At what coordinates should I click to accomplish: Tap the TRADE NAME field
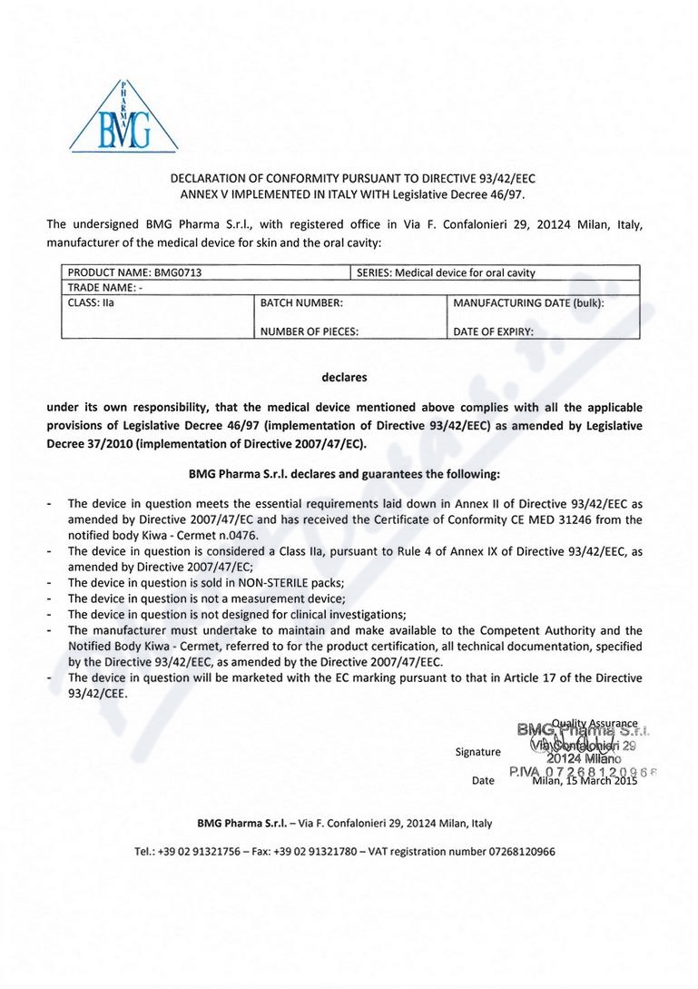(x=103, y=288)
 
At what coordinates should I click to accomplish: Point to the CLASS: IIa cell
(x=92, y=302)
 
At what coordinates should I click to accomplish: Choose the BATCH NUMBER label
(x=301, y=302)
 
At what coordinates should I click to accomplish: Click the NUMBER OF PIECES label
(x=310, y=331)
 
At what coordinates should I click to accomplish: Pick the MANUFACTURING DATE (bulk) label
(x=528, y=302)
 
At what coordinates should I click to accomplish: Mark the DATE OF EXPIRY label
(x=494, y=331)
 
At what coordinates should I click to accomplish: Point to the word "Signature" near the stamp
(x=477, y=751)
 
